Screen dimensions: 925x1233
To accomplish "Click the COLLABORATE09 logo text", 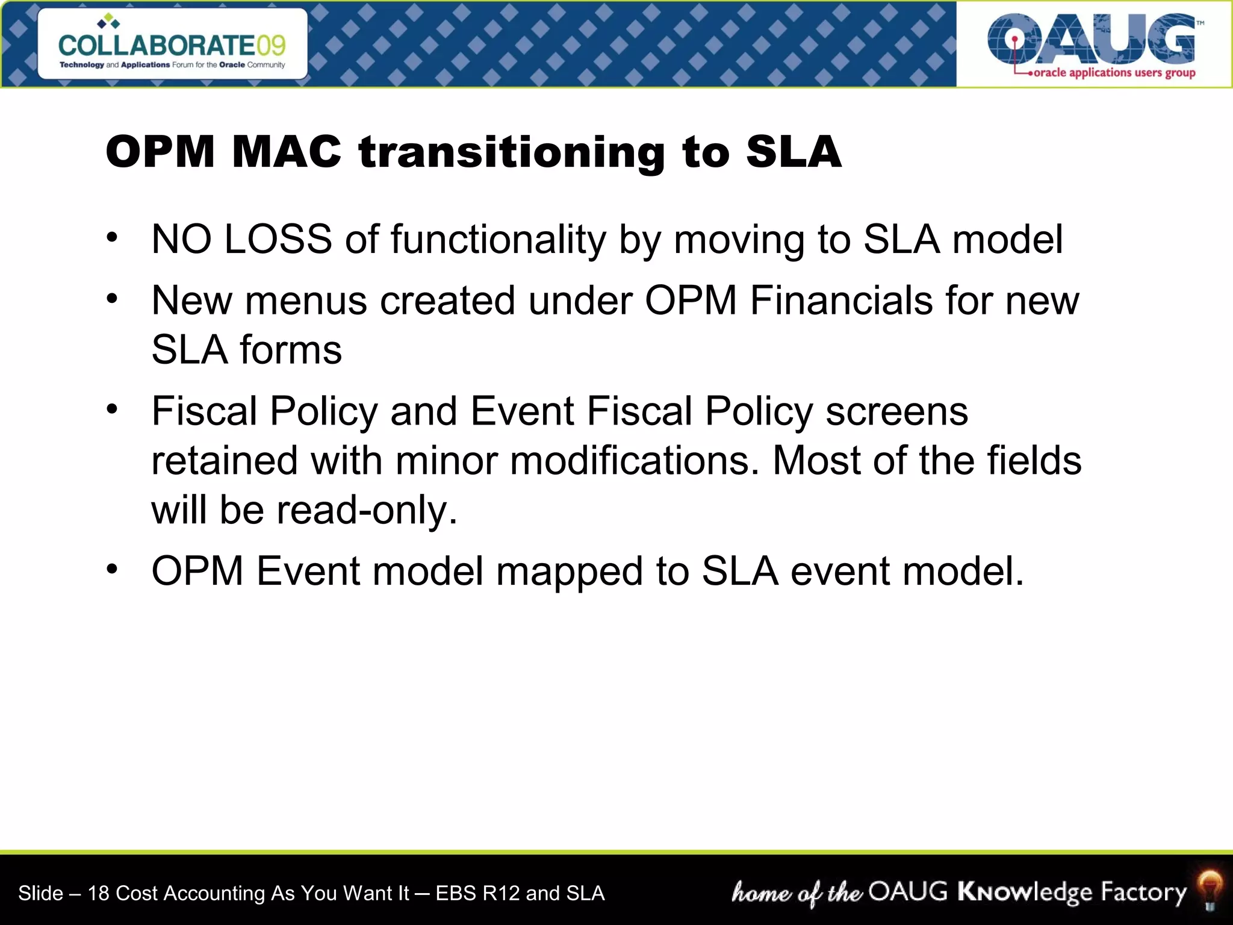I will click(172, 45).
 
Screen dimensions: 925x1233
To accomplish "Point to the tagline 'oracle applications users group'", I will click(1114, 73).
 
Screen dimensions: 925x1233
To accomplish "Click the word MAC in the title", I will click(287, 151).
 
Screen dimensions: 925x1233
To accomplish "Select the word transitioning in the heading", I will click(512, 152).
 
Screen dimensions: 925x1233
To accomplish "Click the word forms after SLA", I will click(291, 350).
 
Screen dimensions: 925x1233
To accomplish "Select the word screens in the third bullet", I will click(896, 412).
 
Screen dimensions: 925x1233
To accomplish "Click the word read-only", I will click(367, 511).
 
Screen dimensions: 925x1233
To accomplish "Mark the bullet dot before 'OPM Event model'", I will click(112, 569).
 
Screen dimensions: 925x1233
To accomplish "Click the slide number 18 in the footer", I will click(98, 893).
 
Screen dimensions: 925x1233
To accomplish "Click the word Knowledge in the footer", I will click(1024, 892).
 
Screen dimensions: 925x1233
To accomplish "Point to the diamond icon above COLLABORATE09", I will click(108, 21).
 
